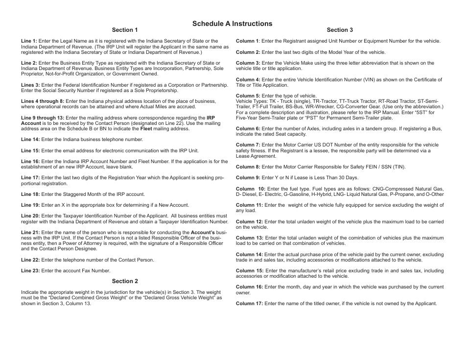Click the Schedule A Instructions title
click(x=232, y=24)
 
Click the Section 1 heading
click(x=125, y=30)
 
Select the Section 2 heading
click(x=125, y=281)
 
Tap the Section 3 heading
click(x=340, y=30)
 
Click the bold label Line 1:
click(x=29, y=41)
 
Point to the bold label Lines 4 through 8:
click(x=43, y=101)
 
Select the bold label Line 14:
click(x=30, y=140)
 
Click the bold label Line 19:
click(x=30, y=205)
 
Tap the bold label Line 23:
click(x=30, y=271)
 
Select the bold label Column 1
click(x=248, y=41)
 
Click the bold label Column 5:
click(x=248, y=96)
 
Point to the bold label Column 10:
click(x=251, y=189)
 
